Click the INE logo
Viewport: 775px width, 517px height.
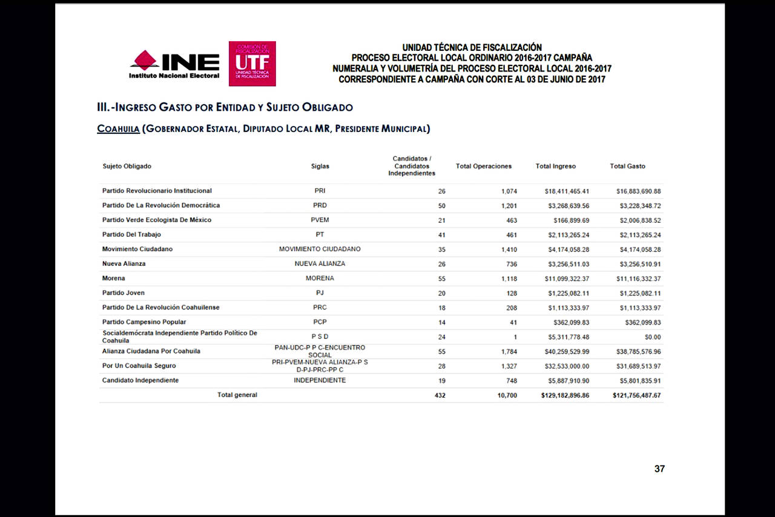click(174, 64)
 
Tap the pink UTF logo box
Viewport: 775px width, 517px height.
click(252, 64)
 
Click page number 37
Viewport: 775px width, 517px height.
click(659, 469)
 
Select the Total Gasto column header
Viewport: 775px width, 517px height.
click(627, 166)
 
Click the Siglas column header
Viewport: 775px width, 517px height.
click(320, 166)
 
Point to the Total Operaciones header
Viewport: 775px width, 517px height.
click(483, 166)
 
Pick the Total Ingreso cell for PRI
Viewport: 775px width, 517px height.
click(567, 191)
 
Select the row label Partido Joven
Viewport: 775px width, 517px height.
click(124, 293)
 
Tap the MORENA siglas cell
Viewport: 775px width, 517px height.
click(320, 278)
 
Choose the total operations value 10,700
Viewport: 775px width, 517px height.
click(507, 395)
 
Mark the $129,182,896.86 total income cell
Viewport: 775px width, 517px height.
click(565, 395)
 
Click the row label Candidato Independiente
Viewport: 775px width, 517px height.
click(140, 380)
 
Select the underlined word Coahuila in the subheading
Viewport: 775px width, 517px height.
click(119, 129)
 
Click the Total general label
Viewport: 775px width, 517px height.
click(237, 395)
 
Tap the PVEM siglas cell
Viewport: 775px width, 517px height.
click(320, 220)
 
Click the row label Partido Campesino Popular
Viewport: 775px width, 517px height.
click(144, 322)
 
